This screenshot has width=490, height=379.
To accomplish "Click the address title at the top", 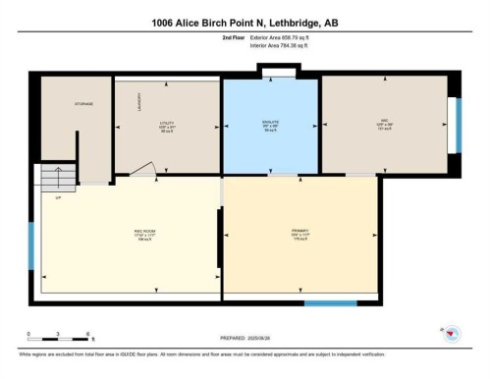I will tap(245, 22).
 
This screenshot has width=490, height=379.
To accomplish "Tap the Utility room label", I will tap(165, 125).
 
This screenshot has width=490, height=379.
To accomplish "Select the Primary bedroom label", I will tap(301, 234).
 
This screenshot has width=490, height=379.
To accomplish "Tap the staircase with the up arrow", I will tap(58, 177).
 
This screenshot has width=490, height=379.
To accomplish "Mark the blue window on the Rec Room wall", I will tap(31, 245).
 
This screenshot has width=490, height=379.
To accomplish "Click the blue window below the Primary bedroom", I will tap(329, 302).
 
